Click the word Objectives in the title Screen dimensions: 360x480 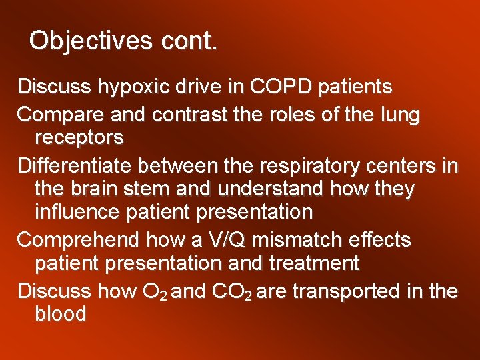coord(91,41)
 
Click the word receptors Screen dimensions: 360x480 coord(79,137)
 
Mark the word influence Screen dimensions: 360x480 coord(74,212)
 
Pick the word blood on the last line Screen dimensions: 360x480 coord(60,314)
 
